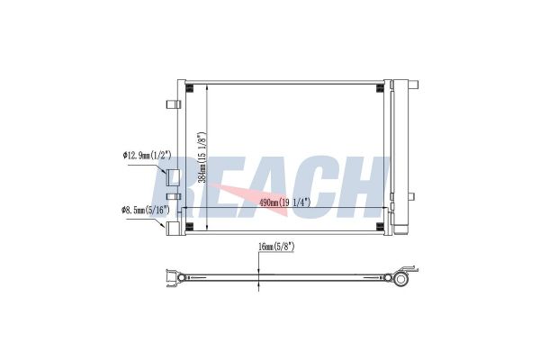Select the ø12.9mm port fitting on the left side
(174, 177)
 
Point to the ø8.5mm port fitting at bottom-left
(170, 227)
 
